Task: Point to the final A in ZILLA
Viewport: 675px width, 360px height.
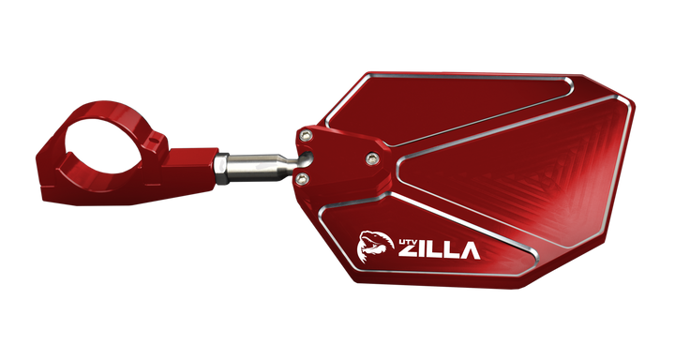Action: (x=468, y=250)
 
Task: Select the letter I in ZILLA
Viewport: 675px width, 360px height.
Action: (x=425, y=251)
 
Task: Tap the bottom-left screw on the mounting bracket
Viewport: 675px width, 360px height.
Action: (x=303, y=174)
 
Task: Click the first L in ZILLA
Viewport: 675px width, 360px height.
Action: (x=437, y=251)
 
